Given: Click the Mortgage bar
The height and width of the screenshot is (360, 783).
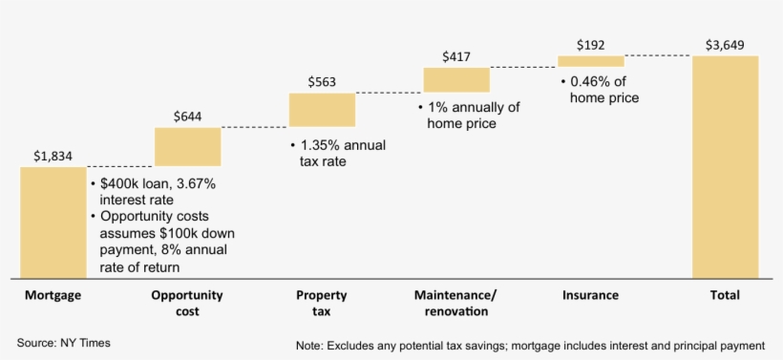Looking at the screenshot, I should point(53,222).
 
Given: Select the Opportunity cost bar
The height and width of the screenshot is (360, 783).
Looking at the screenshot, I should point(187,147).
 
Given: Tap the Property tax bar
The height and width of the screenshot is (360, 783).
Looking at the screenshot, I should point(322,110).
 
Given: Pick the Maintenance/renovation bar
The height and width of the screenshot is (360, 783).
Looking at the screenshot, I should point(456,79).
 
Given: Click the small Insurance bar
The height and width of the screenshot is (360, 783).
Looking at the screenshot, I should point(591,62).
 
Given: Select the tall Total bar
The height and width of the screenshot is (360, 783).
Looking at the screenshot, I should point(726,167).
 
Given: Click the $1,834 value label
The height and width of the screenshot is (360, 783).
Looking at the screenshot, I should point(53,156).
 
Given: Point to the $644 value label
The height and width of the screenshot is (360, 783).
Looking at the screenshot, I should point(187,116).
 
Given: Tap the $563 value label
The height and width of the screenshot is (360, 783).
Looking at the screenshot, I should point(322,82).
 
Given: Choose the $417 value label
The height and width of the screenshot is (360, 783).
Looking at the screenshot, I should point(456,56).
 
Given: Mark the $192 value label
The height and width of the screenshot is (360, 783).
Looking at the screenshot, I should point(591,45).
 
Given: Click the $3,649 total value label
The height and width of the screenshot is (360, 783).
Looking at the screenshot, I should point(725,45).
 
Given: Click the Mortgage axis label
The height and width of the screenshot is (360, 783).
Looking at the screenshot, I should point(53,295).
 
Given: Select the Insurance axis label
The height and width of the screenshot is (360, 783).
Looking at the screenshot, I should point(590,295).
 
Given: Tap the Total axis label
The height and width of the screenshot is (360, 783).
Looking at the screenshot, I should point(725,295).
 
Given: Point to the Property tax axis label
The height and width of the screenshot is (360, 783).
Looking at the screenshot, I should point(322,303).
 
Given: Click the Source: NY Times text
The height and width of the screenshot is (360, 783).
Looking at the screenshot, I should point(64,342).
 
